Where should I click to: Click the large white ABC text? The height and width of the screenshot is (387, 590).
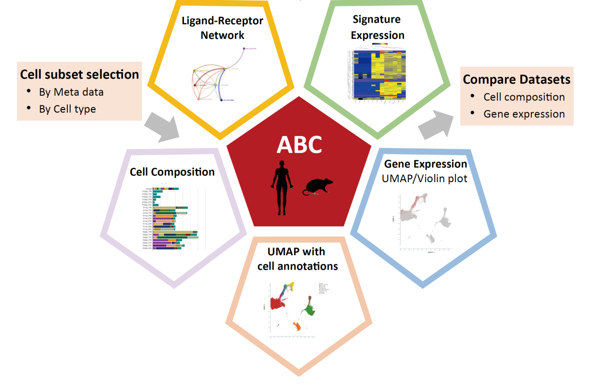click(299, 144)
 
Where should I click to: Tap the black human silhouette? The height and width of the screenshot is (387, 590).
click(281, 188)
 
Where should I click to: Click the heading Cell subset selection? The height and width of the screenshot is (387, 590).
click(79, 75)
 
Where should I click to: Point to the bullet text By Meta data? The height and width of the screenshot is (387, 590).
click(71, 92)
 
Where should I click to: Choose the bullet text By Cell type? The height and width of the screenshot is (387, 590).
click(67, 109)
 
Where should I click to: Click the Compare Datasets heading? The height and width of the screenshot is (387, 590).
click(516, 79)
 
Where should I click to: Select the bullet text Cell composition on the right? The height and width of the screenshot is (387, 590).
click(524, 97)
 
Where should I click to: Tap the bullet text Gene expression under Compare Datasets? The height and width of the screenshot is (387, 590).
click(524, 114)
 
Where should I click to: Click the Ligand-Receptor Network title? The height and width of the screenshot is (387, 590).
click(222, 28)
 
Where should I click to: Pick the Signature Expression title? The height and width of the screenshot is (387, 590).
click(377, 27)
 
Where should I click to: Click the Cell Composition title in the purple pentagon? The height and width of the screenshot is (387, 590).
click(172, 172)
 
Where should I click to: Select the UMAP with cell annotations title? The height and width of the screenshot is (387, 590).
click(297, 259)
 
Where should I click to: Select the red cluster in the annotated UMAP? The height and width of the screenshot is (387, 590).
click(277, 304)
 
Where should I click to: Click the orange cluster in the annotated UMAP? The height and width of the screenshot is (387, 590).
click(298, 327)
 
